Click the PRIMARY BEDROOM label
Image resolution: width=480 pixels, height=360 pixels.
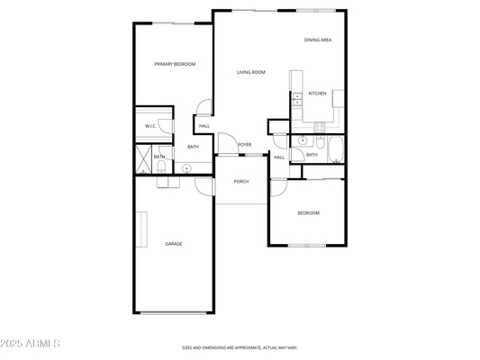[175, 64]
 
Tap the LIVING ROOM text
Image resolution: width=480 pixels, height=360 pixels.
[251, 72]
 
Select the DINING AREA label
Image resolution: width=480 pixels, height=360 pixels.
[318, 40]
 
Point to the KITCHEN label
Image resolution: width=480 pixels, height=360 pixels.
[318, 94]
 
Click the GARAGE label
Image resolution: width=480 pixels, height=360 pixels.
[174, 244]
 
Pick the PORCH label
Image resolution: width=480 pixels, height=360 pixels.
[241, 182]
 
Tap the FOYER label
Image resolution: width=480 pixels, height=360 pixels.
[245, 145]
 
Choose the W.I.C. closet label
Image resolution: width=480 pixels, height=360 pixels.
[150, 126]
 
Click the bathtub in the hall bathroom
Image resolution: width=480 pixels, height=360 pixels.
[336, 150]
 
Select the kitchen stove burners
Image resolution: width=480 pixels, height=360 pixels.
[320, 127]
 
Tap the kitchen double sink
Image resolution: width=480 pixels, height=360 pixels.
[297, 99]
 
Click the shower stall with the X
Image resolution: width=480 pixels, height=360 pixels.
[143, 159]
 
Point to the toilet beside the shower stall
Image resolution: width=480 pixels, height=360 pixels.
[161, 167]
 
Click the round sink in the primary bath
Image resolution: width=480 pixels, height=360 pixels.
[186, 168]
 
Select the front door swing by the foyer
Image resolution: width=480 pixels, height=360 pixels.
[228, 143]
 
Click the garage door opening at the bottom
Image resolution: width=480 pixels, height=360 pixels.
[174, 313]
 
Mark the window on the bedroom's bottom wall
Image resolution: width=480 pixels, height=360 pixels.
[307, 246]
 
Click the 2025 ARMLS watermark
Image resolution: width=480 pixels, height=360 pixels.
[30, 344]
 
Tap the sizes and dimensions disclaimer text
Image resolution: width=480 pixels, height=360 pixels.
[240, 347]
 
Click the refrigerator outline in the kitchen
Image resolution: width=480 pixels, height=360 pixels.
[339, 98]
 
